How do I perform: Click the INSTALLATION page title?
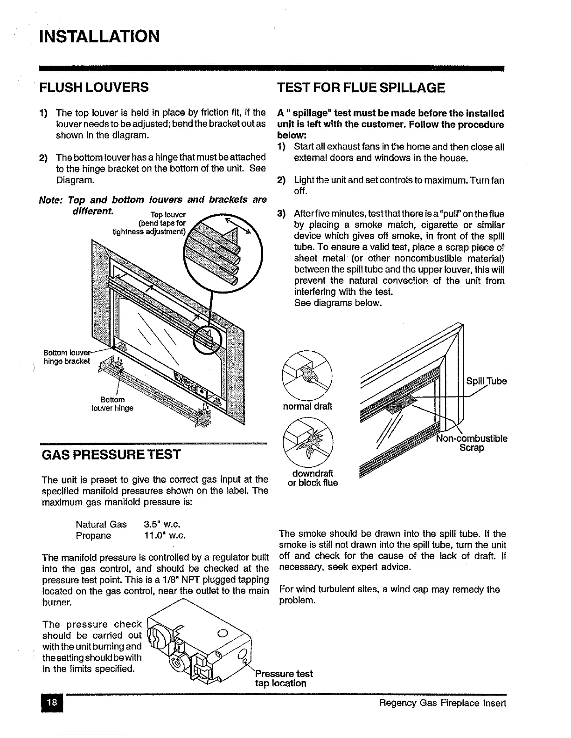tap(99, 35)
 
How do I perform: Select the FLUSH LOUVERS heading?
tap(95, 87)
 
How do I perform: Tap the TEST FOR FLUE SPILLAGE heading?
tap(361, 88)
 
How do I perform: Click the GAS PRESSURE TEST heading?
tap(111, 454)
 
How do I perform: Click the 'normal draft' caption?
tap(307, 406)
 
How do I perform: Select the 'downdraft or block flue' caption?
tap(313, 478)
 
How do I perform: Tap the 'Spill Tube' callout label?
tap(487, 381)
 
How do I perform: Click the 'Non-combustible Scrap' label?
tap(472, 443)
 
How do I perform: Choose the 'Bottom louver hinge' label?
tap(112, 403)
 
